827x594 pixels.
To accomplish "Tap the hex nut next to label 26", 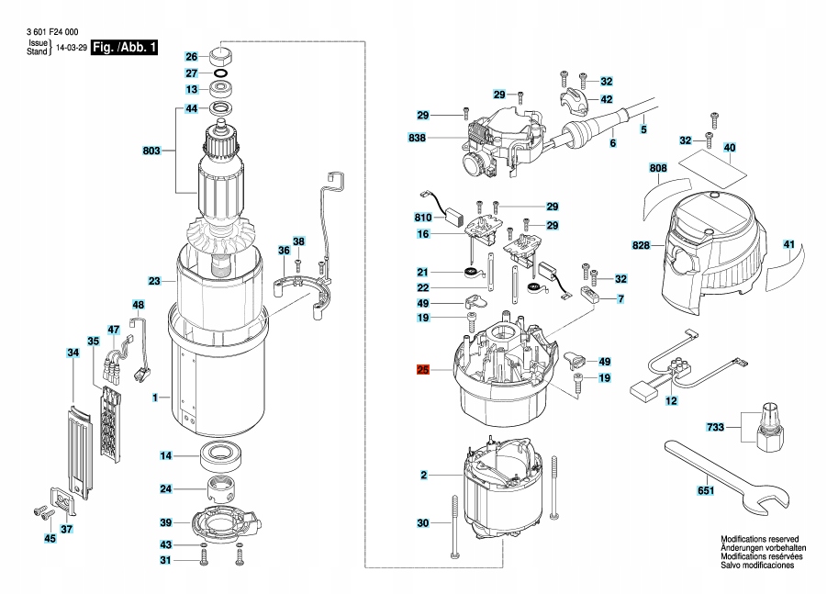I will [x=224, y=54].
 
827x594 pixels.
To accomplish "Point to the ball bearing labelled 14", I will [x=221, y=455].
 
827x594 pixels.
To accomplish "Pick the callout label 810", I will [x=422, y=218].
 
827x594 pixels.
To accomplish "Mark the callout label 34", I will [x=72, y=353].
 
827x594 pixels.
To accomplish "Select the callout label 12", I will [x=671, y=402].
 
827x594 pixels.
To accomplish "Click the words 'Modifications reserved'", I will [x=759, y=540].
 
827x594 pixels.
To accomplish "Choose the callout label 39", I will [x=165, y=522].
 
